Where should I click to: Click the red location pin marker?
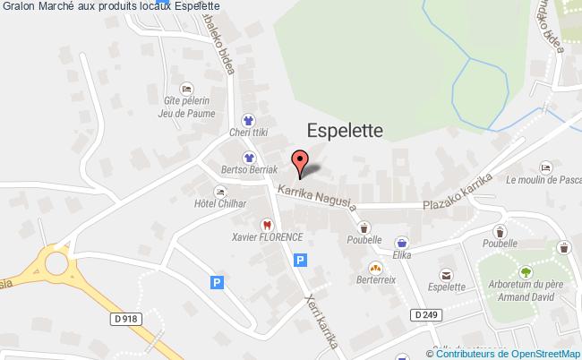click(x=300, y=161)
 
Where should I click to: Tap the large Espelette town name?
click(x=345, y=131)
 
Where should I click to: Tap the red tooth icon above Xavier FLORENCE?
click(x=265, y=224)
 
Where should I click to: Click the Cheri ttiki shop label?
click(x=248, y=133)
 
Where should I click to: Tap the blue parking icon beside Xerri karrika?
click(x=301, y=260)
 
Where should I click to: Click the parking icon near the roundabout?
click(x=216, y=282)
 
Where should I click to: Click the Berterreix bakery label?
click(x=375, y=280)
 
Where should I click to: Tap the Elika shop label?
click(x=401, y=254)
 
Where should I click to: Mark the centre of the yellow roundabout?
click(x=56, y=264)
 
